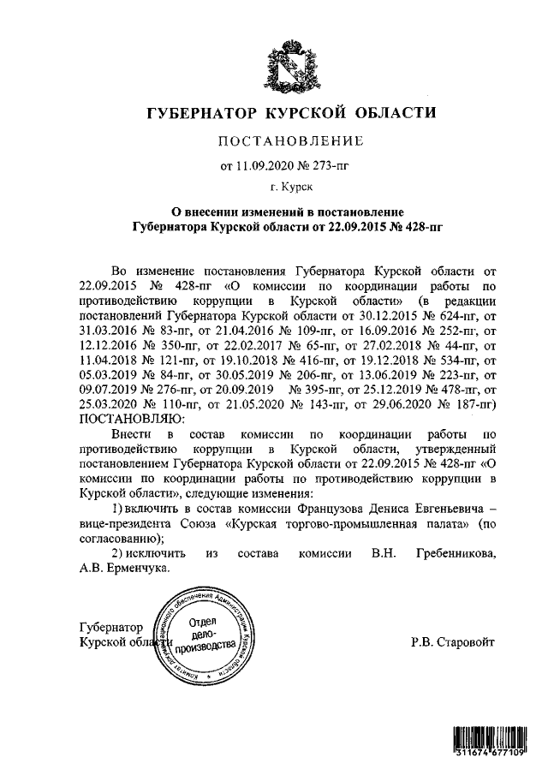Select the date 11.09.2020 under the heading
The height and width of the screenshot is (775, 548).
coord(261,164)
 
